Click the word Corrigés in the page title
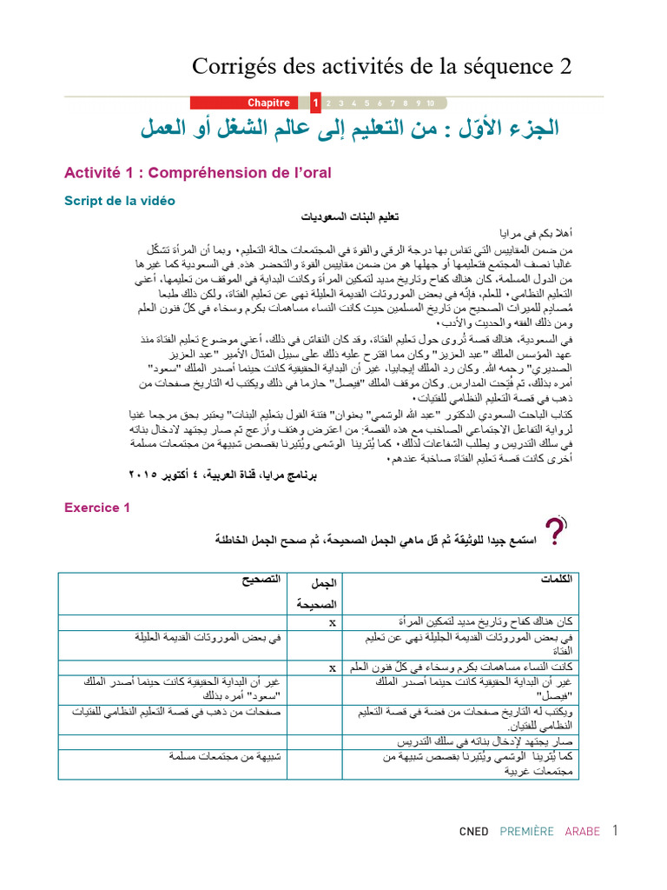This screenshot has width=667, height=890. tap(234, 67)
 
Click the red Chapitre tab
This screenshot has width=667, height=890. tap(268, 103)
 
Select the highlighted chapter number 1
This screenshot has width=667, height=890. tap(315, 103)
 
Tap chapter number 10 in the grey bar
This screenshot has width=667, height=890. tap(430, 103)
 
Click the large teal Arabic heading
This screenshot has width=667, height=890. tap(350, 130)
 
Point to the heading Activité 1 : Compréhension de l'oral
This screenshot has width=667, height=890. tap(198, 173)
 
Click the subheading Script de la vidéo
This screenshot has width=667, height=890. tap(120, 201)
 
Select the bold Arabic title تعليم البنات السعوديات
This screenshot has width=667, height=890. tap(342, 217)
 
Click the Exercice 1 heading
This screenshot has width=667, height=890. tap(97, 508)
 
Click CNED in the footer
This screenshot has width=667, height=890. tap(473, 832)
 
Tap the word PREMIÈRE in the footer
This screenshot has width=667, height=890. tap(526, 832)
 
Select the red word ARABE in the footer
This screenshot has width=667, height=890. tap(582, 832)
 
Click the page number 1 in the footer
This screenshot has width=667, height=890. tap(614, 830)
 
